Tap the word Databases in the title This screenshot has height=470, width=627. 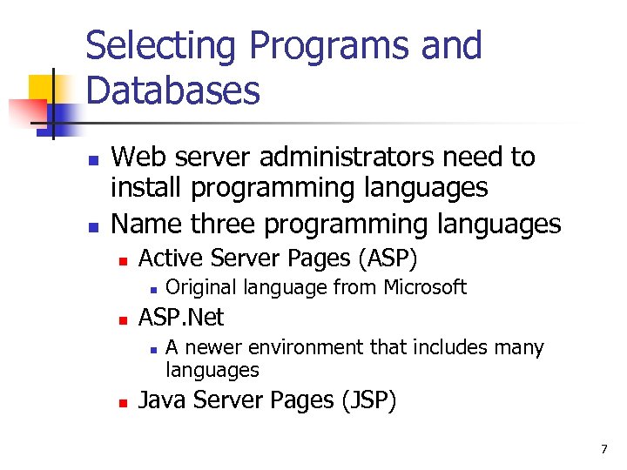click(173, 90)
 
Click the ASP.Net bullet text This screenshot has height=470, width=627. click(181, 317)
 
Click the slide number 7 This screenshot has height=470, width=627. click(603, 449)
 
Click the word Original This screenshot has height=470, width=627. click(202, 287)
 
